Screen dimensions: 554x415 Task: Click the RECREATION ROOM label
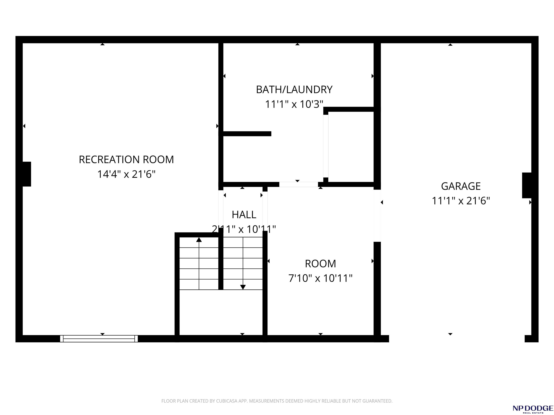[126, 160]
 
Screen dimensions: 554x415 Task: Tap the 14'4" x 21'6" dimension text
[126, 174]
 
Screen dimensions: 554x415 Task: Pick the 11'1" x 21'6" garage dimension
[461, 201]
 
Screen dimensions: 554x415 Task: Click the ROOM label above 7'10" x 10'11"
[320, 264]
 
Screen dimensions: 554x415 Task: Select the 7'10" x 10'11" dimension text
[320, 278]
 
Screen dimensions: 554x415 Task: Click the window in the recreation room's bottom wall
[99, 339]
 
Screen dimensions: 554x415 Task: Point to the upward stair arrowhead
[199, 240]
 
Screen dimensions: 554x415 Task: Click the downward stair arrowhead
[243, 287]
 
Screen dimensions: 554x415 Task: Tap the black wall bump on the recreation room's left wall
[27, 174]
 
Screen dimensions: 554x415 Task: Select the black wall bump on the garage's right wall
[527, 185]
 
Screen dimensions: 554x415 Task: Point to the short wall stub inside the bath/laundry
[247, 134]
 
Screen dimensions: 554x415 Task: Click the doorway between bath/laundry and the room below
[298, 184]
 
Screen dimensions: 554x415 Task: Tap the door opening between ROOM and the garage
[377, 216]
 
